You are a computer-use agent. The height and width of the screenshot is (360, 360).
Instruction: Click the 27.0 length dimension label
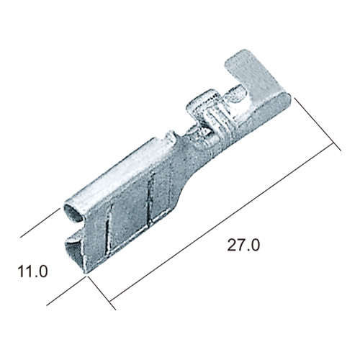click(243, 246)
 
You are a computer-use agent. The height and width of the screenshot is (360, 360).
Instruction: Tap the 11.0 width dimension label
click(33, 271)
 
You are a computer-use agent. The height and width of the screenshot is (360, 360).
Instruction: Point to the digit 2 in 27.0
click(232, 245)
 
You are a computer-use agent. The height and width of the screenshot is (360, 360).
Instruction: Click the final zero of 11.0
click(43, 271)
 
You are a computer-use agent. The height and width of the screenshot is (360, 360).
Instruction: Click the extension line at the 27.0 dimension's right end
click(318, 125)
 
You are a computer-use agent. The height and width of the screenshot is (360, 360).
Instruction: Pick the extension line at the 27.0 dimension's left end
click(102, 293)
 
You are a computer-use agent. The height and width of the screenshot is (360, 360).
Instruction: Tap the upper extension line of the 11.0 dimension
click(40, 223)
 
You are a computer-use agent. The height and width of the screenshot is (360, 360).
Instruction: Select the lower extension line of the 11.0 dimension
click(66, 291)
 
